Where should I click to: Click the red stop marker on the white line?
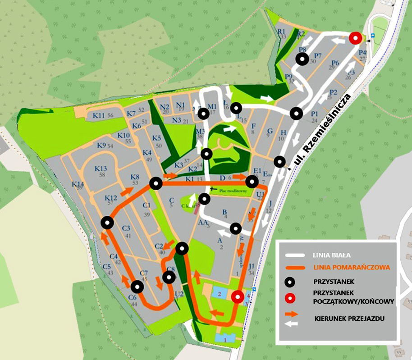pyautogui.click(x=355, y=38)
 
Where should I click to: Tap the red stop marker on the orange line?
pyautogui.click(x=238, y=296)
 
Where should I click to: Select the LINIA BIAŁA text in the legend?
pyautogui.click(x=331, y=255)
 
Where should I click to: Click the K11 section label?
pyautogui.click(x=98, y=115)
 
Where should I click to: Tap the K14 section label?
pyautogui.click(x=78, y=184)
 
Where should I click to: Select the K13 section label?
pyautogui.click(x=101, y=169)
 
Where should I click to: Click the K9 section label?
pyautogui.click(x=101, y=145)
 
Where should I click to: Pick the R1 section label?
pyautogui.click(x=283, y=31)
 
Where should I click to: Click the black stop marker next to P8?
pyautogui.click(x=302, y=59)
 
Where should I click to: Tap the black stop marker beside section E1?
pyautogui.click(x=252, y=182)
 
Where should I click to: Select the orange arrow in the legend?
pyautogui.click(x=292, y=315)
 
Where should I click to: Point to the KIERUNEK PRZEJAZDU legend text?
pyautogui.click(x=349, y=319)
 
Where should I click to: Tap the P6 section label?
pyautogui.click(x=335, y=63)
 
